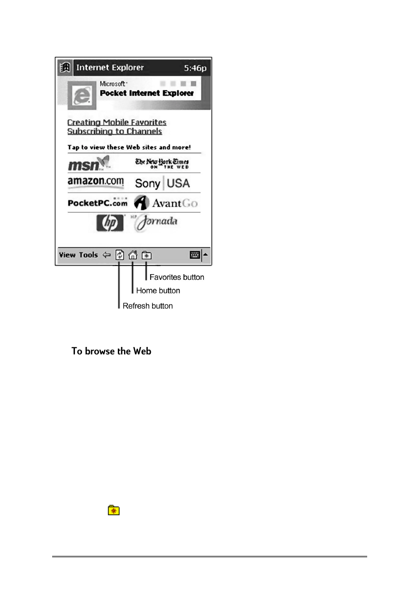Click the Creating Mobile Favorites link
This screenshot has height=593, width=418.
(117, 122)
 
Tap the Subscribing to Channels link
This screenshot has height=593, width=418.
(114, 132)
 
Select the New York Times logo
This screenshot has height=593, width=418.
(162, 163)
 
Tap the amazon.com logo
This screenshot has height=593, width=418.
(96, 182)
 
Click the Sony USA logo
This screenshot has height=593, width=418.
(162, 183)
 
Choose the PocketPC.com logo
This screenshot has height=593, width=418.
(97, 203)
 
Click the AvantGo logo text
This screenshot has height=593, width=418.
(174, 204)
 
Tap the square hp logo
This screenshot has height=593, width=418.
(110, 223)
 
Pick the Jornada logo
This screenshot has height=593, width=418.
(156, 222)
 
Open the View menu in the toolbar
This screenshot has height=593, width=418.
(67, 255)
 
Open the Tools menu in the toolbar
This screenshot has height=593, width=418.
(88, 255)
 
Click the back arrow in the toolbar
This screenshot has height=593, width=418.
(106, 255)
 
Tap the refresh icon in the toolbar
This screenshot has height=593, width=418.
(120, 255)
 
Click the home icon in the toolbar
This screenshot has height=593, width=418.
(133, 255)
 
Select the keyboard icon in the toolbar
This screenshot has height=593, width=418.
(195, 255)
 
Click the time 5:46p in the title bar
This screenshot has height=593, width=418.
(195, 68)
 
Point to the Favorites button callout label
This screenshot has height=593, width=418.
(177, 277)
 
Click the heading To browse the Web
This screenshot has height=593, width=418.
(111, 351)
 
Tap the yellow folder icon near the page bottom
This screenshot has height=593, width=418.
(113, 510)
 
